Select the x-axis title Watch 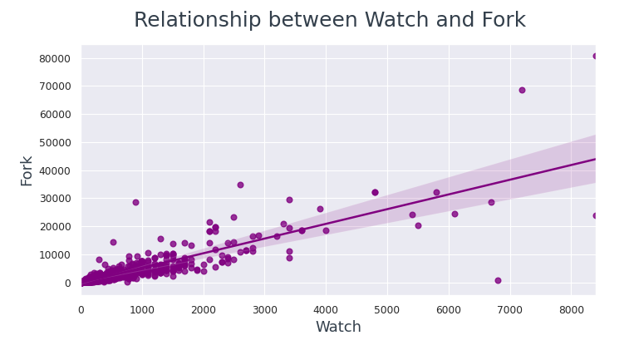(338, 328)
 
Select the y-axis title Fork (27, 170)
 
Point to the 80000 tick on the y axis (55, 58)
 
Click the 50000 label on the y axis (55, 142)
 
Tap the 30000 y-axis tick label (55, 199)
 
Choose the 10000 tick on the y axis (55, 254)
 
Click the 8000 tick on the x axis (571, 310)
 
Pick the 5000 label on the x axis (387, 310)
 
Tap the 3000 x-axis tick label (264, 310)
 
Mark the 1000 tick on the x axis (142, 310)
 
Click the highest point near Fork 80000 (595, 57)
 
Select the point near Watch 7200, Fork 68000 (522, 90)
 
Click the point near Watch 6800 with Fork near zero (498, 280)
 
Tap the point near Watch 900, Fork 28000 (135, 202)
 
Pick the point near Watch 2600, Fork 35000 (240, 185)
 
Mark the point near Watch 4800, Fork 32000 (375, 192)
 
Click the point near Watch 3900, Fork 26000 (320, 209)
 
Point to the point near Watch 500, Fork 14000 (113, 242)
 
